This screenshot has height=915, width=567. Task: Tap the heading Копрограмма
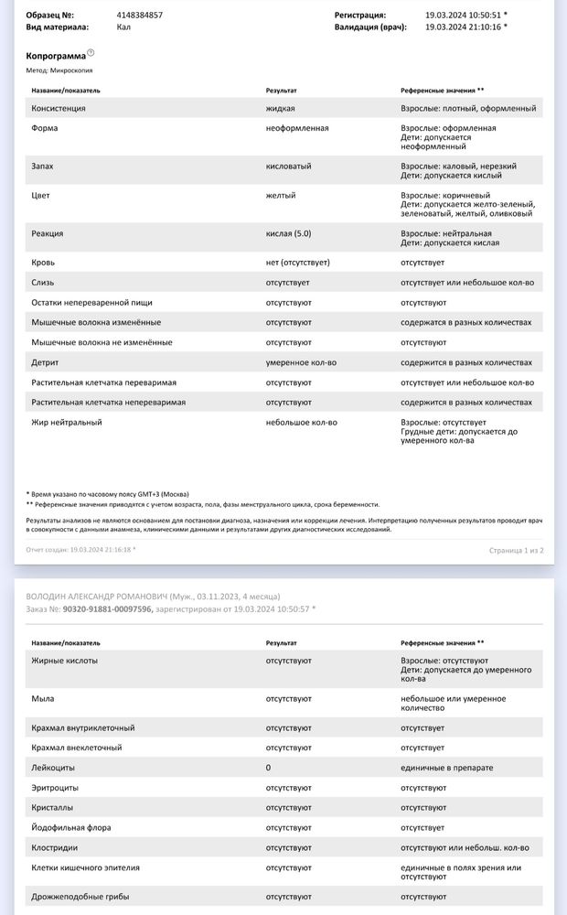tap(56, 56)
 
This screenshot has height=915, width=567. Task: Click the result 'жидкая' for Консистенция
tap(280, 108)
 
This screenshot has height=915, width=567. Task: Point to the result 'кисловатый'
tap(288, 167)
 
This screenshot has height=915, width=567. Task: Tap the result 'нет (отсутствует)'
tap(297, 263)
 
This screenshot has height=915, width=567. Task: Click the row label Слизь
tap(44, 283)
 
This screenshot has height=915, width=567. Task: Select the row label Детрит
tap(45, 362)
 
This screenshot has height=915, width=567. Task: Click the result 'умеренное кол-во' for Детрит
tap(301, 362)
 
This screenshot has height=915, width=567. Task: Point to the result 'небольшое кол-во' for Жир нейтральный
tap(301, 423)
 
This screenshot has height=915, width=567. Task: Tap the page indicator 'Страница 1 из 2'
tap(517, 550)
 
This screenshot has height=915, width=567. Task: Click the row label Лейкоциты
tap(53, 768)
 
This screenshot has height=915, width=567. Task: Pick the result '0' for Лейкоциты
tap(268, 768)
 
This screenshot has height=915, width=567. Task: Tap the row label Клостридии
tap(55, 847)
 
